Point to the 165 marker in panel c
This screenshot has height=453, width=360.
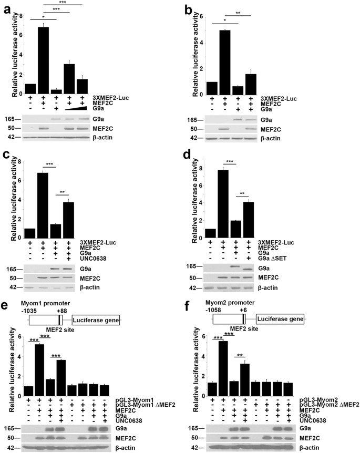tap(14, 270)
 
